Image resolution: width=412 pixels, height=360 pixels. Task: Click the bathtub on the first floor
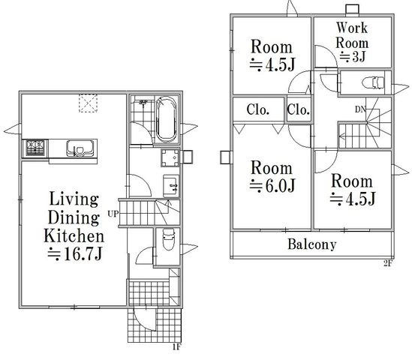pos(166,119)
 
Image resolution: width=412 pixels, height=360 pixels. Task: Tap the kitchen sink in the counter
pos(80,148)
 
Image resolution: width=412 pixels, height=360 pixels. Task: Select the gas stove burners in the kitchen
pos(35,148)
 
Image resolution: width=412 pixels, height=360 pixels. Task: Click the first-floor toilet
pos(168,239)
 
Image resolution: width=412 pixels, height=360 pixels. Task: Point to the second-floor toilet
pos(373,82)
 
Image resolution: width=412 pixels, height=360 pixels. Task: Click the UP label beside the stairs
pos(113,214)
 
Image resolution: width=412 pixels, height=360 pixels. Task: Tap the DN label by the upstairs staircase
pos(360,109)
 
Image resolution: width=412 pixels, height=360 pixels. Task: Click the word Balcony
pos(312,244)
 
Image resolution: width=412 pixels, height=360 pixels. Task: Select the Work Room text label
pos(351,35)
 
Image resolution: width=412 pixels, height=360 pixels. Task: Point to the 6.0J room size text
pos(272,185)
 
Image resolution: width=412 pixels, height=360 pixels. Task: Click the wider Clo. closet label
pos(257,109)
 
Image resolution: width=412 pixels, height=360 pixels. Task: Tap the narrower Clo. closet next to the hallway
pos(298,109)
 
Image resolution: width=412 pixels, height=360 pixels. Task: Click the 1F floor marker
pos(177,347)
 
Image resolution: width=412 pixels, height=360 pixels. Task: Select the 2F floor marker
pos(388,263)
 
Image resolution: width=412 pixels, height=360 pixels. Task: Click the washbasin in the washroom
pos(171,186)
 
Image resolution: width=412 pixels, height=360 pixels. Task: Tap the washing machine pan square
pos(170,157)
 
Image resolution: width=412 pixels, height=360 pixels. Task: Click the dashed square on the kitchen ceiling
pos(88,103)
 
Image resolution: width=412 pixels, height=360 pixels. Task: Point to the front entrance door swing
pos(144,319)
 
